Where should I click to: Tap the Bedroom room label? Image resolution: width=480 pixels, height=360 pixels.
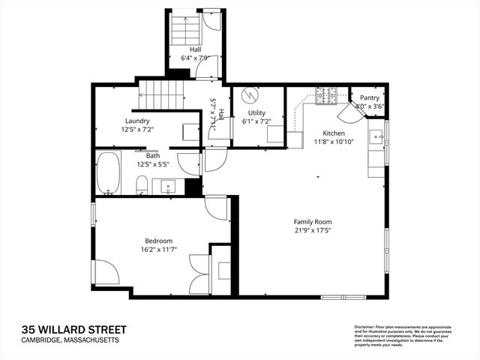pos(158,241)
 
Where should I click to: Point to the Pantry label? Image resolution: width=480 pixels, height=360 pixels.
pos(369,97)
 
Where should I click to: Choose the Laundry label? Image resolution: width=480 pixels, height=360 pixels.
pos(137,121)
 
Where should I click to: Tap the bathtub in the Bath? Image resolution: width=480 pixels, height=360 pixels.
pos(108,174)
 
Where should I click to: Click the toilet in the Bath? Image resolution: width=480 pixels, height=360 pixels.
pos(141,184)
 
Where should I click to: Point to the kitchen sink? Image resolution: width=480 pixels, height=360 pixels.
pos(376,136)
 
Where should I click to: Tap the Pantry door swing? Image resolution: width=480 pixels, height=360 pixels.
pos(348,114)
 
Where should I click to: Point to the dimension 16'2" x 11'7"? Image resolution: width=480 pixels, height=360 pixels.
pos(158,250)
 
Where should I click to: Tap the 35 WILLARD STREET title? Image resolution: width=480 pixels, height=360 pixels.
pos(73,330)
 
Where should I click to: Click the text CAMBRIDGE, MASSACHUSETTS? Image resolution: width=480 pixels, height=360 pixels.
pos(70,341)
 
